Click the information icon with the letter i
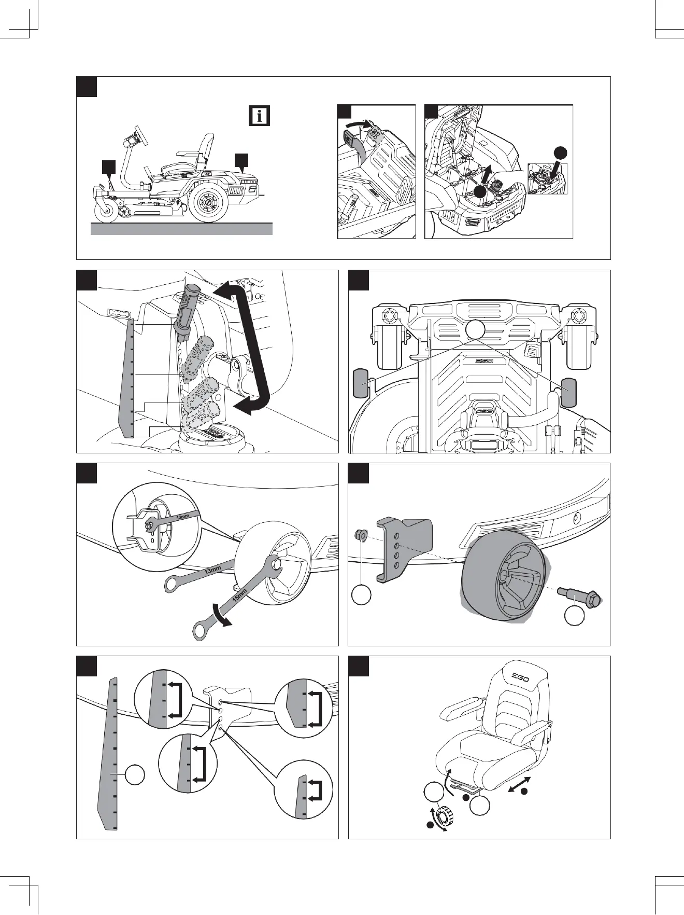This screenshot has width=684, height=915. [259, 115]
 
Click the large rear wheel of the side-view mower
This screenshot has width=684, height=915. [207, 202]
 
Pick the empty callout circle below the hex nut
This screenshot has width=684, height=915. [361, 594]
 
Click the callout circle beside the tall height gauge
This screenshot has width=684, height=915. [134, 775]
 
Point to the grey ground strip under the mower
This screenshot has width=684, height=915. [181, 229]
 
